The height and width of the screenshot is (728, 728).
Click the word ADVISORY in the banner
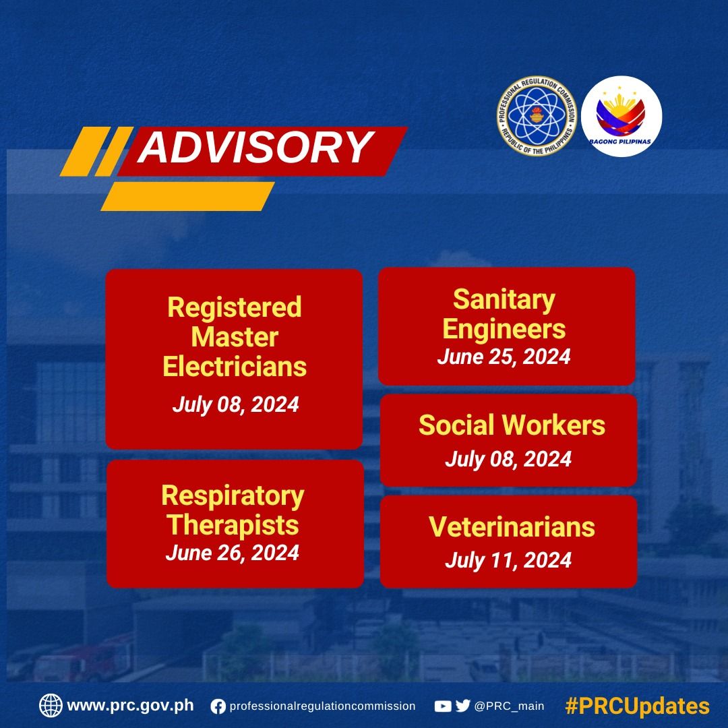[x=256, y=147]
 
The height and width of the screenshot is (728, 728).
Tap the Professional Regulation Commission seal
[x=537, y=116]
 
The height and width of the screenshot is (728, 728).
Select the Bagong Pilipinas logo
[x=621, y=116]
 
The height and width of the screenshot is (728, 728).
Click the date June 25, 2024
[x=504, y=357]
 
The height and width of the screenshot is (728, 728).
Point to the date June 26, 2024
[x=232, y=553]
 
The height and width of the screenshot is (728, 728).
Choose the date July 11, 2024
[x=508, y=560]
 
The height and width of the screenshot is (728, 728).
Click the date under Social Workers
[x=508, y=459]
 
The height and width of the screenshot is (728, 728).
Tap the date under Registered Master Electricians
[x=235, y=404]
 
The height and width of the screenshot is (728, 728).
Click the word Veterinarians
[x=512, y=527]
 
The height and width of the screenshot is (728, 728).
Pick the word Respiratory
[x=233, y=496]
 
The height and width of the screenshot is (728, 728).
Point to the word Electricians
[x=235, y=367]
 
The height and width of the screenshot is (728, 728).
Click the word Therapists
[x=233, y=526]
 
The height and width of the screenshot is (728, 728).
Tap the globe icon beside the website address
[x=51, y=706]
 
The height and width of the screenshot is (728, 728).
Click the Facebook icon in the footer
[x=218, y=706]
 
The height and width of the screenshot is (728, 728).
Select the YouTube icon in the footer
[x=443, y=706]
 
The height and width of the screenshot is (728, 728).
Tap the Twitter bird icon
[x=462, y=706]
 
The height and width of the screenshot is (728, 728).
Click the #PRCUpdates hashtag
[x=638, y=706]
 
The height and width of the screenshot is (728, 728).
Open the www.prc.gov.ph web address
[x=131, y=706]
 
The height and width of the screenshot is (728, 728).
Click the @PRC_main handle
[x=509, y=706]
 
